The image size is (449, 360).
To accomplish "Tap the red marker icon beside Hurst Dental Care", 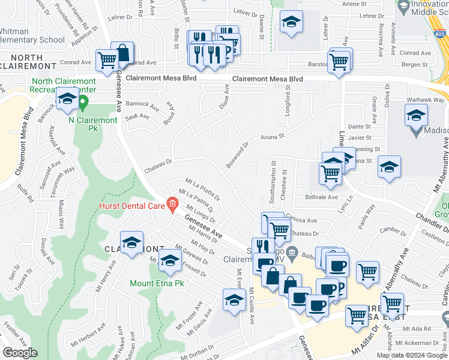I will (x=173, y=205).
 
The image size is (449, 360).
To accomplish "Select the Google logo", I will (x=20, y=353).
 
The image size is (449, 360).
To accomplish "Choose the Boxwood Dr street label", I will (x=238, y=155).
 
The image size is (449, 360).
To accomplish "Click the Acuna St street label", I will (x=272, y=137).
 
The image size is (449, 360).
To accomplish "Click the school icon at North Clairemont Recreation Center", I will (x=67, y=100).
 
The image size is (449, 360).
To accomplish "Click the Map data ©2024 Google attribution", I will (x=411, y=355).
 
